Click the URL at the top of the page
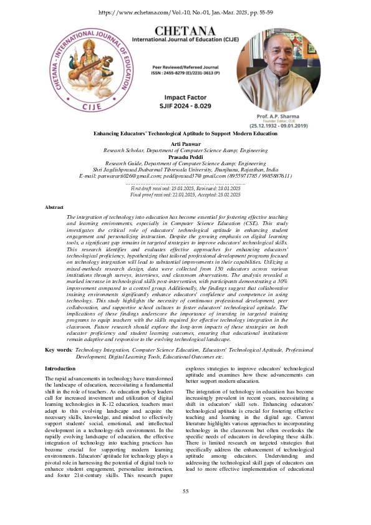(x=185, y=12)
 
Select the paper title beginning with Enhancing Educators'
(x=185, y=134)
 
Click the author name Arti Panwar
(x=185, y=143)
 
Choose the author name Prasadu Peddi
(x=185, y=156)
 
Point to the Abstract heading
(x=55, y=206)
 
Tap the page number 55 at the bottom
(x=185, y=509)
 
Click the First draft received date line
(x=185, y=188)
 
